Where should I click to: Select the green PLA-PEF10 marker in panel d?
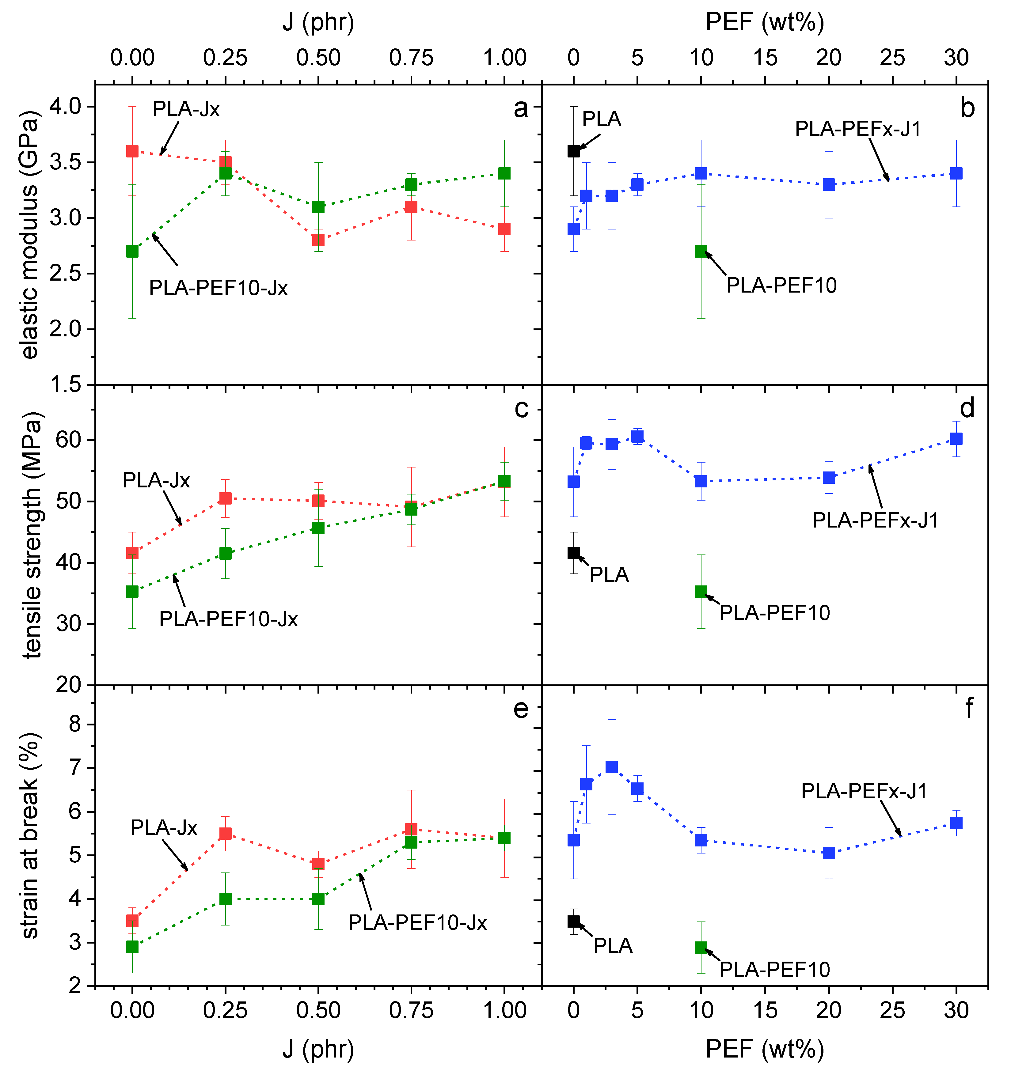pyautogui.click(x=701, y=592)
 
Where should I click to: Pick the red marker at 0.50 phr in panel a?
pyautogui.click(x=318, y=240)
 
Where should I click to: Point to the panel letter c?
pyautogui.click(x=521, y=409)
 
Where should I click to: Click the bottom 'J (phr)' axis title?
pyautogui.click(x=318, y=1049)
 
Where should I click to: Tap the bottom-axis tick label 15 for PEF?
pyautogui.click(x=765, y=1010)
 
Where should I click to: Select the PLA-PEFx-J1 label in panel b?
pyautogui.click(x=858, y=129)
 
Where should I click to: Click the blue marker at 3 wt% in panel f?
pyautogui.click(x=612, y=766)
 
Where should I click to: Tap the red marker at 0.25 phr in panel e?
pyautogui.click(x=225, y=833)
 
